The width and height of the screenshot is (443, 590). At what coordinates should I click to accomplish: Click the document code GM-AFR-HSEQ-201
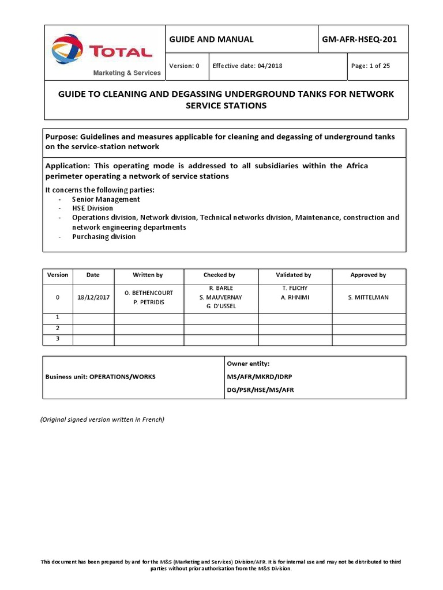363,39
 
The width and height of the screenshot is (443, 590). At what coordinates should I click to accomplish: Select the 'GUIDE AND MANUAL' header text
211,39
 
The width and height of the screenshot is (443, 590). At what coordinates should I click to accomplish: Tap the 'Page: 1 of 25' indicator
370,66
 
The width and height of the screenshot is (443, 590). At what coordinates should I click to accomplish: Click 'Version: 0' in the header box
184,66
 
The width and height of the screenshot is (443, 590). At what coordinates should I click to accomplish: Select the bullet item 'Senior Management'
106,199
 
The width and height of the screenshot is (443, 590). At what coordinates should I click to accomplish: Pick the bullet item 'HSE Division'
92,208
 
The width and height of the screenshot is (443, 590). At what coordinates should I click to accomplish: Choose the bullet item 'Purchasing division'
104,236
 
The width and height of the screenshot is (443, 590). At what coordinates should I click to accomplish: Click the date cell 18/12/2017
92,297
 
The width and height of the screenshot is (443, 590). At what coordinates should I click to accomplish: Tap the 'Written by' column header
148,275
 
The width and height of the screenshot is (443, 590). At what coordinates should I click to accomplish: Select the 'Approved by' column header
368,275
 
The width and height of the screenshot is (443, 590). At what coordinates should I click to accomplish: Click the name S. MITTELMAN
368,297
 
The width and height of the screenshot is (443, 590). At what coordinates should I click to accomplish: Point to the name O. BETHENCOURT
148,293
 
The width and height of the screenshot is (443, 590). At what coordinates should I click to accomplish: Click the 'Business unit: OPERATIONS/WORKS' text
100,377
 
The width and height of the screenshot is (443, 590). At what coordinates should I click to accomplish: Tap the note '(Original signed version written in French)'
102,419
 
